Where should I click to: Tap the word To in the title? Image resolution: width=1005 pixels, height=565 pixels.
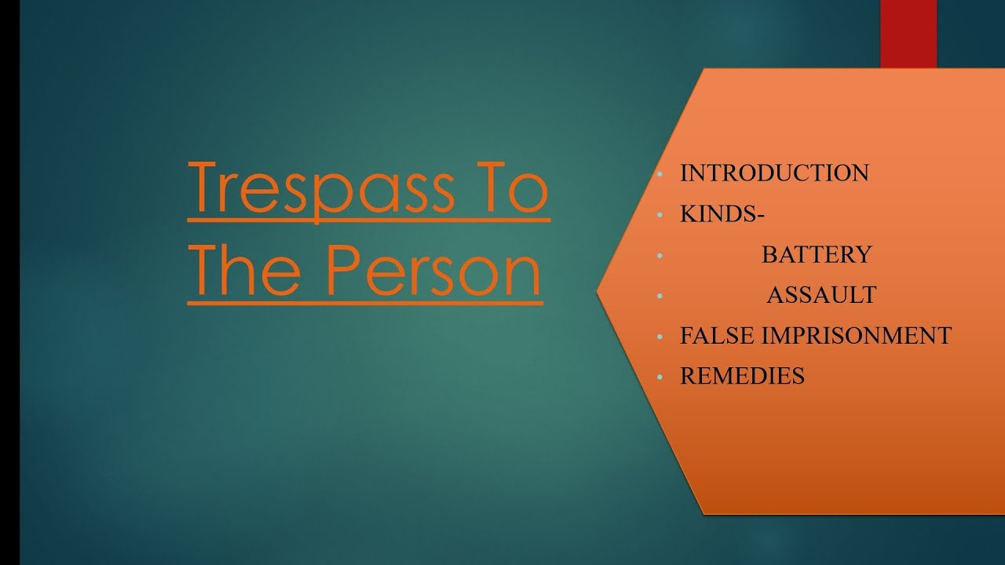(x=509, y=189)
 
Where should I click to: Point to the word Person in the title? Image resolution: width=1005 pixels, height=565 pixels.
(x=433, y=271)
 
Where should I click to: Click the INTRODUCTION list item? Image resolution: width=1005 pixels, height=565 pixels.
(x=774, y=173)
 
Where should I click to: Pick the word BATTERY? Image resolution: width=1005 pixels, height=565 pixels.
(x=817, y=254)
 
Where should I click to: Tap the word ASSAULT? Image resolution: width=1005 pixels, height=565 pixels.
(x=821, y=295)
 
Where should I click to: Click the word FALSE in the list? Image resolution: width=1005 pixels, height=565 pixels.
(x=718, y=336)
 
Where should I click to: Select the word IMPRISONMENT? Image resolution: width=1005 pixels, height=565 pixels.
(x=857, y=336)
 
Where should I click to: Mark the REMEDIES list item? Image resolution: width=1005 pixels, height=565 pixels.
(x=742, y=377)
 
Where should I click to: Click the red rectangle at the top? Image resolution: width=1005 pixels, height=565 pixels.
(x=908, y=33)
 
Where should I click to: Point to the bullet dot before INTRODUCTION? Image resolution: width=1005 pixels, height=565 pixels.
(x=660, y=173)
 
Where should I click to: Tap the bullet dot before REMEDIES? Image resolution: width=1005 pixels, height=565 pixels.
(x=660, y=377)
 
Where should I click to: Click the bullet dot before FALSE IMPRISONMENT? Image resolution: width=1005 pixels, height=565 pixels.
(x=660, y=337)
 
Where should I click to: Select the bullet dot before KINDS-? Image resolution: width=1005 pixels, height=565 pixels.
(x=660, y=214)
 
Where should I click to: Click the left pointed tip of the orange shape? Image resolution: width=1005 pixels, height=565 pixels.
(x=599, y=292)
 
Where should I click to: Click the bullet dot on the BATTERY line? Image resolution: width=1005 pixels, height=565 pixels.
(x=660, y=255)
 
